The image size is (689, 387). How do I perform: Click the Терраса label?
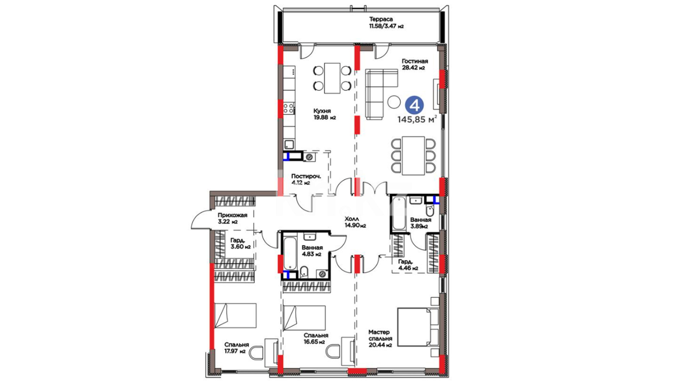pos(381,19)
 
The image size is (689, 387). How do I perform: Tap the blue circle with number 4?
pos(414,105)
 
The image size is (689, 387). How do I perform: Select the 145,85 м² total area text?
pos(417,119)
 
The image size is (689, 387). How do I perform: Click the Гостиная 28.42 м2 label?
pos(414,64)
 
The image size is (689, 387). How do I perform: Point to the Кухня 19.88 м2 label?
pos(324,114)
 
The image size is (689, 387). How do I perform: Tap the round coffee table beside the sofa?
pos(394,101)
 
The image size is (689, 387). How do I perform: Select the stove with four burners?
pos(289,108)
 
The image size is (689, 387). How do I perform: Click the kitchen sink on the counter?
pos(289,144)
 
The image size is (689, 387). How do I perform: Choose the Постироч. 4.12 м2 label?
pos(306,179)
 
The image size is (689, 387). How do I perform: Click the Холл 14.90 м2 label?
pos(355,222)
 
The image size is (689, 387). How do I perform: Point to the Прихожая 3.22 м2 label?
pos(233,218)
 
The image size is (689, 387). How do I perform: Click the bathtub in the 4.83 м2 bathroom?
pos(290,253)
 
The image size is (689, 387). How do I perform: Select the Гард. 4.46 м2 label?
pos(408,264)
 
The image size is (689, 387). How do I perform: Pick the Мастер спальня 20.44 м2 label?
pos(380,338)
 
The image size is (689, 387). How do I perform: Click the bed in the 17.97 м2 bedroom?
pos(235,315)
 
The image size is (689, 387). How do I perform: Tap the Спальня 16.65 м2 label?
pos(316,338)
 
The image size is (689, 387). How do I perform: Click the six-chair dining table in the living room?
pos(413,156)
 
